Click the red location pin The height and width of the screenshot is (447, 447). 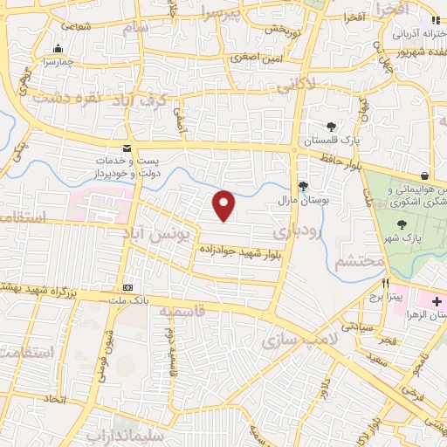click(224, 205)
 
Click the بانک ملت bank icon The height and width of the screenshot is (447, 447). click(128, 288)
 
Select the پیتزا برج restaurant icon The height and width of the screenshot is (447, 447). click(385, 283)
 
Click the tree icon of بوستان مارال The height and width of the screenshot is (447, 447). click(303, 185)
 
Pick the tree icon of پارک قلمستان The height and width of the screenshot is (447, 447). click(331, 127)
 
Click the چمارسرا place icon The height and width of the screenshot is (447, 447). click(58, 49)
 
